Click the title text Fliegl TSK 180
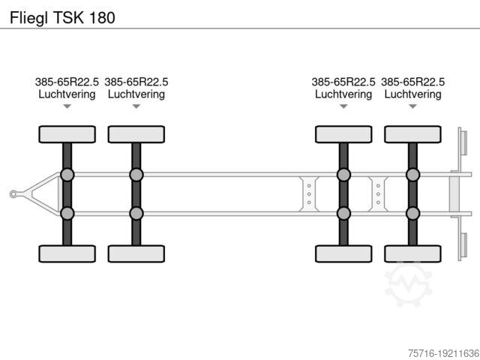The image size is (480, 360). [62, 18]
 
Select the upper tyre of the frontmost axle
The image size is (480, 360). [67, 134]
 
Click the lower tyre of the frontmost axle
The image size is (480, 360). [67, 253]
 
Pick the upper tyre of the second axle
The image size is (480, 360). [136, 134]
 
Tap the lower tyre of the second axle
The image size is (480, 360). [136, 253]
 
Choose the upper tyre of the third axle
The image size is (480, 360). [343, 134]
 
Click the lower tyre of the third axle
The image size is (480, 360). [343, 253]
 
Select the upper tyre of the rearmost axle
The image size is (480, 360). [412, 134]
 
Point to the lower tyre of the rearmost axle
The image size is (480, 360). [412, 253]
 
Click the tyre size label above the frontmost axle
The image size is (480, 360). [67, 82]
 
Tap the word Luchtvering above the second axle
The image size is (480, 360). [136, 94]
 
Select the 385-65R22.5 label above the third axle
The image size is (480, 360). [343, 82]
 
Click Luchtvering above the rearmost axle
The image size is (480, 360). [412, 94]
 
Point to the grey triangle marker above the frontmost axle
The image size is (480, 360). [67, 106]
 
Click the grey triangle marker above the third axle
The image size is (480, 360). [343, 106]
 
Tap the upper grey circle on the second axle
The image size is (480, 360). [136, 175]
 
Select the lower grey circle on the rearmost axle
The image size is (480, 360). [412, 213]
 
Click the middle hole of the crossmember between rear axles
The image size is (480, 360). [378, 194]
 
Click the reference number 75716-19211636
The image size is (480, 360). [443, 353]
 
